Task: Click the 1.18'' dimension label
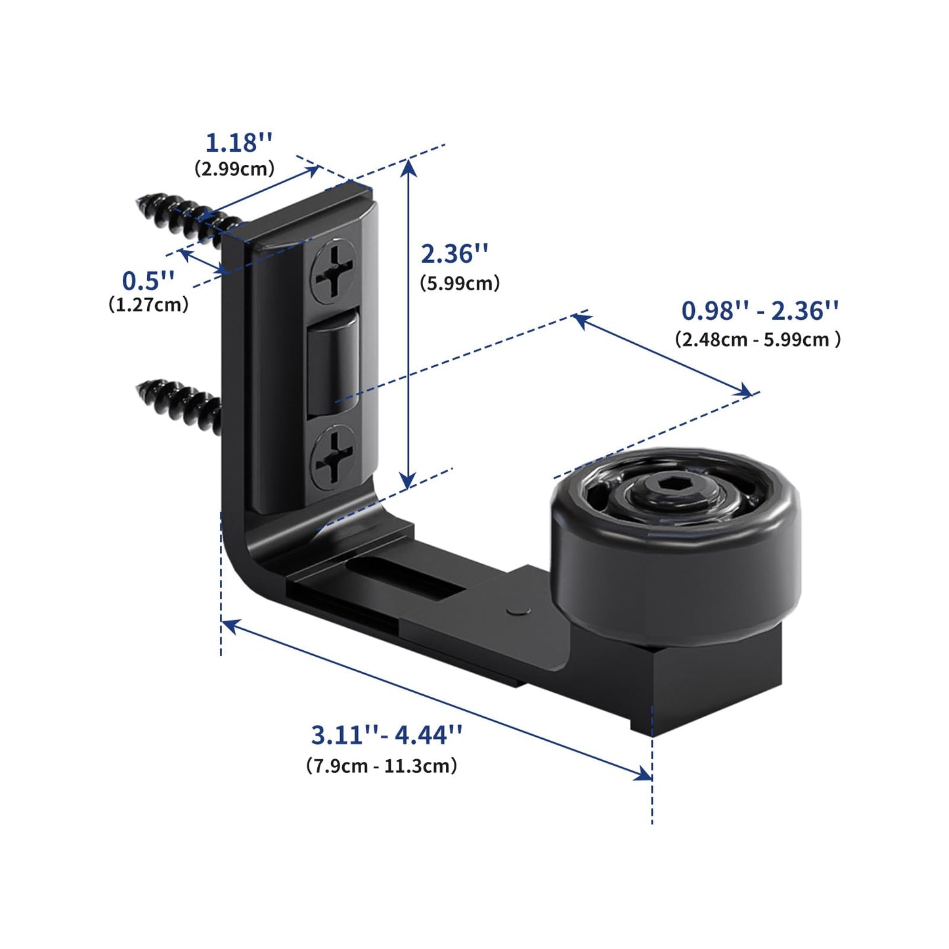pos(238,142)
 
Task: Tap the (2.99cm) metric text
pos(234,169)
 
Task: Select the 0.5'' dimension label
pos(148,280)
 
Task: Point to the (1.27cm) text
pos(148,305)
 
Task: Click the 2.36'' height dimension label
pos(455,254)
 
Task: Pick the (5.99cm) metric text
pos(460,283)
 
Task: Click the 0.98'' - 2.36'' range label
pos(760,310)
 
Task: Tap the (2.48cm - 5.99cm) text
pos(758,340)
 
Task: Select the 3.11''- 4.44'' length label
pos(387,735)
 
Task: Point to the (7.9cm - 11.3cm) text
pos(382,766)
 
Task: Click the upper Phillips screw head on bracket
pos(334,271)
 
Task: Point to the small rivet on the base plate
pos(518,610)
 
